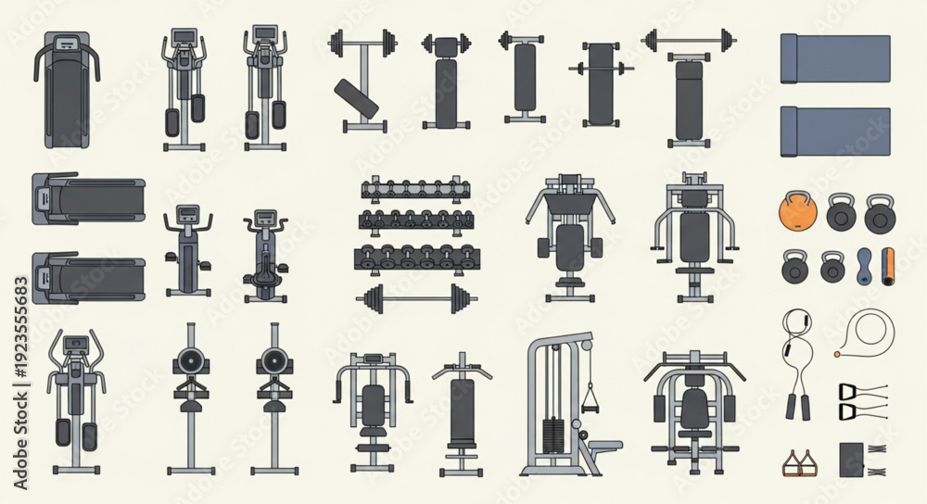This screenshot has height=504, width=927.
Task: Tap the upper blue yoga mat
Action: pos(835,59)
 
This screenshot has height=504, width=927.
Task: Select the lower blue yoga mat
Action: pos(835,132)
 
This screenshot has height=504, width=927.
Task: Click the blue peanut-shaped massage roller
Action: pos(864,267)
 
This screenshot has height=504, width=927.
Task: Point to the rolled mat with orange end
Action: pos(888,267)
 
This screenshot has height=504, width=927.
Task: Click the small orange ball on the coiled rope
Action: pos(837,355)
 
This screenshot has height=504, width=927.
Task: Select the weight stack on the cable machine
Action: pos(554,436)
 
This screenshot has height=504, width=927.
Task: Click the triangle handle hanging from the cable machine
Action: pos(590,399)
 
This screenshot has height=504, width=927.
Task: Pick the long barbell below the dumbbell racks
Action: pos(417,298)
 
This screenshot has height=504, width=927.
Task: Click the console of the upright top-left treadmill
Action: pos(66,43)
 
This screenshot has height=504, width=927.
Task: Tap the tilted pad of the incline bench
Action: pos(356,98)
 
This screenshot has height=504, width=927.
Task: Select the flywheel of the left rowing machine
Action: pos(190,359)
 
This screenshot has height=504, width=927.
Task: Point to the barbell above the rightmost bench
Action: pos(689,41)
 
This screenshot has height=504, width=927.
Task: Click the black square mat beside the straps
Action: pos(852,460)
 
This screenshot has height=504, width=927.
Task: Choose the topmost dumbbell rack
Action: pos(415,188)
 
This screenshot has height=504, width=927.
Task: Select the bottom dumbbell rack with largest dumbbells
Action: pos(417,258)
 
